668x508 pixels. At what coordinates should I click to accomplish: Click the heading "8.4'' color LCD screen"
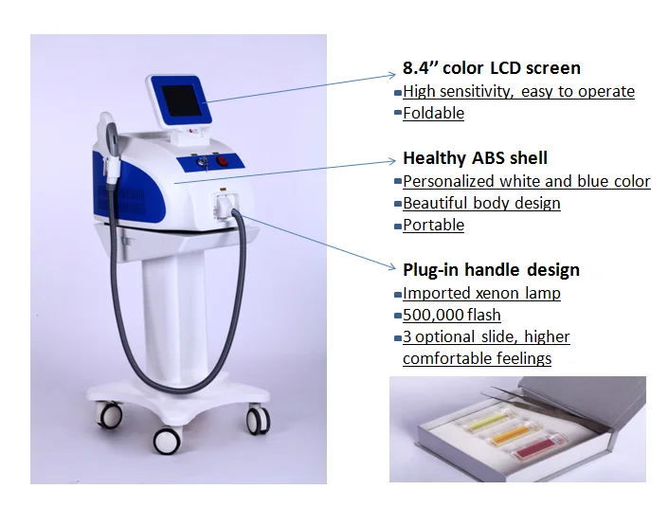492,68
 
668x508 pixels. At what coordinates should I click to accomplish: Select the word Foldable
433,114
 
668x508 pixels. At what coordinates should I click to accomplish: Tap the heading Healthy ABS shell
475,158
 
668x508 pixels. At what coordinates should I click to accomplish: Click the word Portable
433,225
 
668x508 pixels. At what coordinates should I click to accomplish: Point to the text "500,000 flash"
452,315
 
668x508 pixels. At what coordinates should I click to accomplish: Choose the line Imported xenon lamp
481,293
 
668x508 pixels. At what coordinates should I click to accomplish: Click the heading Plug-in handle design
491,270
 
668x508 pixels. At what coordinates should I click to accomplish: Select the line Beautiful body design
481,203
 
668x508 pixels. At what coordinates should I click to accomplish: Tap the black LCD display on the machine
181,101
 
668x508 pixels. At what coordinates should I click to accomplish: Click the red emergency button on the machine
222,161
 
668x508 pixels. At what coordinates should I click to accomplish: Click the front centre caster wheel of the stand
167,441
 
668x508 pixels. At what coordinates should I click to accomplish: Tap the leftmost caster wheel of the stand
108,414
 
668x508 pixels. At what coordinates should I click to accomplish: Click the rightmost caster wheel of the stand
258,420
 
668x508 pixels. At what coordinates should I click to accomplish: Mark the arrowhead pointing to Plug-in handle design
392,266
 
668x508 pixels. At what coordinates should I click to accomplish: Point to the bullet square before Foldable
398,113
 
